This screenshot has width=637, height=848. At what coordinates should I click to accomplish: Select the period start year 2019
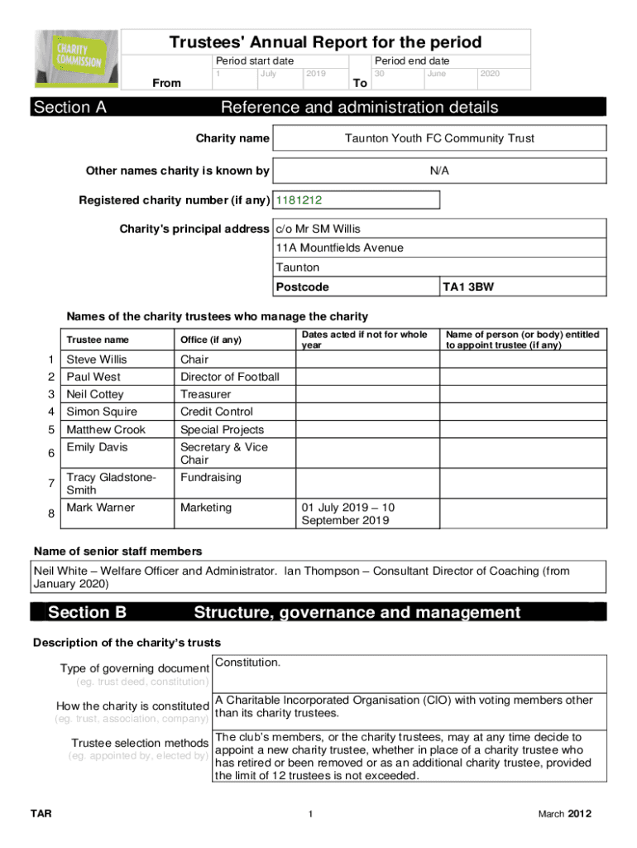[315, 74]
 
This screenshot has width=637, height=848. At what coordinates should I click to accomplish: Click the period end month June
[436, 74]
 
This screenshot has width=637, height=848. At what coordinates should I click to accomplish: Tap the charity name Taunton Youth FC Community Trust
[439, 138]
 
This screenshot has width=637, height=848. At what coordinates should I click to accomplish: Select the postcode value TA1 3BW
[463, 287]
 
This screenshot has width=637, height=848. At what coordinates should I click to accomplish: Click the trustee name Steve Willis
[97, 359]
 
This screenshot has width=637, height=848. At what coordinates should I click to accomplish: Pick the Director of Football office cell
[229, 377]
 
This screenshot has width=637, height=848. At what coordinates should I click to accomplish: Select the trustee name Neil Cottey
[95, 394]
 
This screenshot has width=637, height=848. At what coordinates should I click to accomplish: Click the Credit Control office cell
[217, 412]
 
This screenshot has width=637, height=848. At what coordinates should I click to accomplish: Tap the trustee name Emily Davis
[96, 447]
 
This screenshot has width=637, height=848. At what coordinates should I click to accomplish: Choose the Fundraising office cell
[210, 478]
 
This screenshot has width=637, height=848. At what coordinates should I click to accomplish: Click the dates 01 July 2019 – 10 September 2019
[347, 513]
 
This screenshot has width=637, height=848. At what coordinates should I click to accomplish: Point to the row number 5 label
[51, 429]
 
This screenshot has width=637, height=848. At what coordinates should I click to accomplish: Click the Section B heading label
[87, 613]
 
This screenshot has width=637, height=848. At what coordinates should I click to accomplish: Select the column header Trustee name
[98, 340]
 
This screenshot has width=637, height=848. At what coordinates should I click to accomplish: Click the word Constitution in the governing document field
[247, 662]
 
